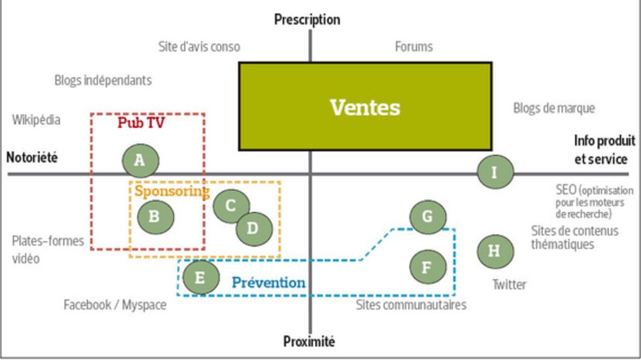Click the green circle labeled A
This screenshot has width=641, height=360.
pyautogui.click(x=140, y=160)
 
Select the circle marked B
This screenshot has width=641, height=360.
pyautogui.click(x=154, y=216)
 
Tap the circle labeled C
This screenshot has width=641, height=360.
pyautogui.click(x=230, y=206)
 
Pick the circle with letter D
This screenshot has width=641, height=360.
pyautogui.click(x=253, y=228)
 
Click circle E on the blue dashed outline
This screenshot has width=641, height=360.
pyautogui.click(x=200, y=278)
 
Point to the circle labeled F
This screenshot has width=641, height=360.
pyautogui.click(x=428, y=267)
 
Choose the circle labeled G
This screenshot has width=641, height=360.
pyautogui.click(x=428, y=217)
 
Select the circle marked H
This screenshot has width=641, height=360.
pyautogui.click(x=494, y=251)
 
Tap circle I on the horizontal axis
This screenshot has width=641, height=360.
pyautogui.click(x=494, y=173)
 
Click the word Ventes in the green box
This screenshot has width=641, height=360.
pyautogui.click(x=365, y=107)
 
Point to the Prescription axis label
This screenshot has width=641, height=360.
pyautogui.click(x=307, y=20)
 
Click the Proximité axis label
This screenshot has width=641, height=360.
pyautogui.click(x=309, y=342)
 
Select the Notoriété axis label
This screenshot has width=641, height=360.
pyautogui.click(x=32, y=158)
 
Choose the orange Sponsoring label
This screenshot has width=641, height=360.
pyautogui.click(x=171, y=191)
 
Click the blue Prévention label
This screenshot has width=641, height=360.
pyautogui.click(x=268, y=283)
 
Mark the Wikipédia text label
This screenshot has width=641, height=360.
pyautogui.click(x=36, y=120)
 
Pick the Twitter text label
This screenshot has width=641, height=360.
pyautogui.click(x=509, y=284)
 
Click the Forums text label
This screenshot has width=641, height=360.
pyautogui.click(x=413, y=46)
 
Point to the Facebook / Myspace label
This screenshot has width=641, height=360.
pyautogui.click(x=114, y=305)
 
